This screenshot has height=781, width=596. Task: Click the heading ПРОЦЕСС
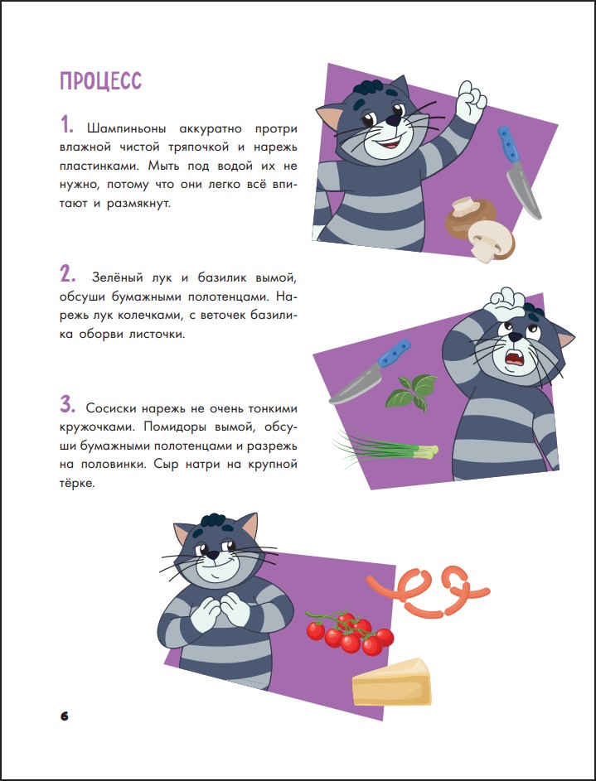(100, 81)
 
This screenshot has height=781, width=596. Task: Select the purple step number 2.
(67, 274)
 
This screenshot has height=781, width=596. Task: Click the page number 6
(65, 716)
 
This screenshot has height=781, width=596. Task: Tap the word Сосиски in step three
(110, 408)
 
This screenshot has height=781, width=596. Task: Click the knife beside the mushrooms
(518, 171)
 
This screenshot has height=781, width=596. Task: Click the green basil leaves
(412, 392)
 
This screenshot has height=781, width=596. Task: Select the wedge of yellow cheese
(392, 682)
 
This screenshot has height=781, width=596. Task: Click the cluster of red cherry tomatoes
(351, 633)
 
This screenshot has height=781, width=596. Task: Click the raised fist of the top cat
(471, 102)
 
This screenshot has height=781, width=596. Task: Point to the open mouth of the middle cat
(513, 359)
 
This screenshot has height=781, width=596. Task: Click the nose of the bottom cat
(213, 554)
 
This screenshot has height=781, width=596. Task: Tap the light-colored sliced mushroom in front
(491, 240)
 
